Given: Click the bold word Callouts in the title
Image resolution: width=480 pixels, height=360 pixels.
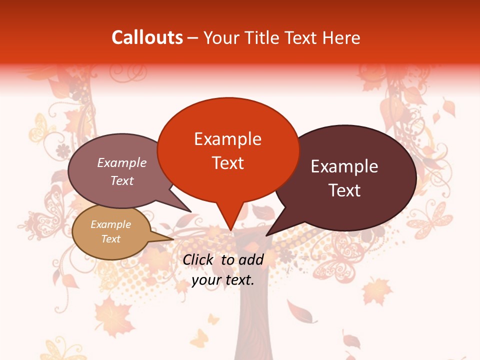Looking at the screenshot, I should [147, 37].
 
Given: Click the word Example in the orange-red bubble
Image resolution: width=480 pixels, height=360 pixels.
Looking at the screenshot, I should [227, 139].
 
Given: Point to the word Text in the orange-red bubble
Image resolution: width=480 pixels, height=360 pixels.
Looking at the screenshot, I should [227, 163].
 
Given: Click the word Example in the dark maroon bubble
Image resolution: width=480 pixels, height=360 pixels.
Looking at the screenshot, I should [344, 166].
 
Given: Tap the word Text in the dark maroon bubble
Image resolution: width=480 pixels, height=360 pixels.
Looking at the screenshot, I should [344, 190].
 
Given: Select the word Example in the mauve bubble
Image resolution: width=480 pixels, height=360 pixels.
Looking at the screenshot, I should [122, 163].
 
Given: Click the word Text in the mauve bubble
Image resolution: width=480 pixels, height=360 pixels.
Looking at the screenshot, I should [122, 180].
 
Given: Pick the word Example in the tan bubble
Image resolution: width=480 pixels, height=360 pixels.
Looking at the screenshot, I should [110, 224].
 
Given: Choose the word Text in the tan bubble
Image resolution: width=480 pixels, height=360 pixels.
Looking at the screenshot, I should [110, 239].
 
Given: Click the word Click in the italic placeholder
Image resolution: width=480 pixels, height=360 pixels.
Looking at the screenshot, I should [199, 259].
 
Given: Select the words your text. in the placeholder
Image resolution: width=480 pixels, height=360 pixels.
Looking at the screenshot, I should [223, 280].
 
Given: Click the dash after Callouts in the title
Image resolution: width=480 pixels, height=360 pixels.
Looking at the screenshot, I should [193, 38].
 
